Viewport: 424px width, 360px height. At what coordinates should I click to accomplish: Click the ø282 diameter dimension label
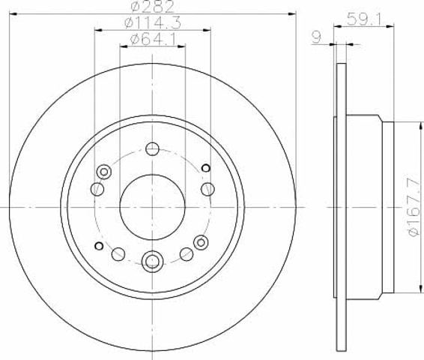point(153,7)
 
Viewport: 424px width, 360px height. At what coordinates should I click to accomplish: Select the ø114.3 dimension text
point(153,23)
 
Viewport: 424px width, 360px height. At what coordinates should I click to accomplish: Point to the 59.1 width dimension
point(364,19)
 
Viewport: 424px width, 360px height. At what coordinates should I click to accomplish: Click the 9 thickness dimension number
point(317,37)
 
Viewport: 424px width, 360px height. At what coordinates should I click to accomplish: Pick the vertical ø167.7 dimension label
point(415,207)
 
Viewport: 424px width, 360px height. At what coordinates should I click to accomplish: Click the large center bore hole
point(153,207)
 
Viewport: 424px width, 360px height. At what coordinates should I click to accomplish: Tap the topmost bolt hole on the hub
point(152,148)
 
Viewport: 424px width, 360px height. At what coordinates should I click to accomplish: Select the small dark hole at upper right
point(206,168)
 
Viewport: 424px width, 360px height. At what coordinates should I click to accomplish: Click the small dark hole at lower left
point(99,246)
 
